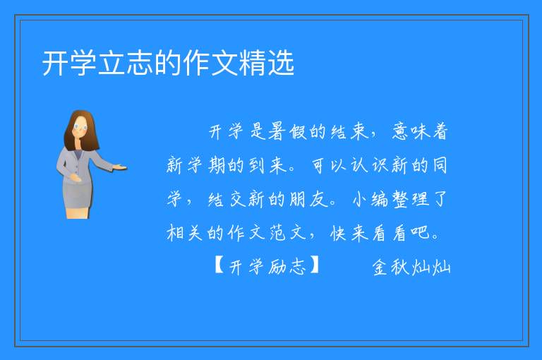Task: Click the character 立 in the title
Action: tap(112, 63)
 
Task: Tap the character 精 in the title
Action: tap(253, 63)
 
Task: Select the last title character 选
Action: tap(281, 63)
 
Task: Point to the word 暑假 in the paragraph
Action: tap(287, 131)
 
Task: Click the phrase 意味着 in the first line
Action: tap(420, 131)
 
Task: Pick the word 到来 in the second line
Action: tap(268, 165)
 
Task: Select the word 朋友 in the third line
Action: tap(308, 199)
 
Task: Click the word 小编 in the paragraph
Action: tap(371, 199)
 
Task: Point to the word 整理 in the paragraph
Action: tap(411, 199)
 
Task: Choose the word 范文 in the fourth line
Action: tap(288, 232)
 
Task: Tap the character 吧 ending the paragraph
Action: tap(421, 232)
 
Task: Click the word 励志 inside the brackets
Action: tap(287, 266)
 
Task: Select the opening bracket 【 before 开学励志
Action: tap(219, 265)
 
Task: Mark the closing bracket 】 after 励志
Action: tap(315, 265)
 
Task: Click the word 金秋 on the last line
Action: tap(390, 267)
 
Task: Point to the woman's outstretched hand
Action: tap(120, 168)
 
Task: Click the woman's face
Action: tap(80, 127)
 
